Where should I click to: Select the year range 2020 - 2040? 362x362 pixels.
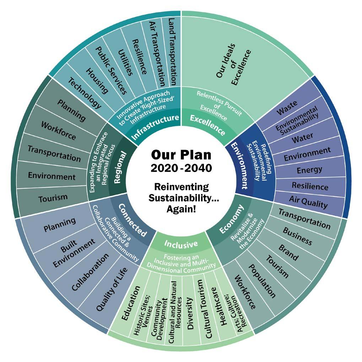coord(181,168)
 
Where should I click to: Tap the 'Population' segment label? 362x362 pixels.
coord(261,281)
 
